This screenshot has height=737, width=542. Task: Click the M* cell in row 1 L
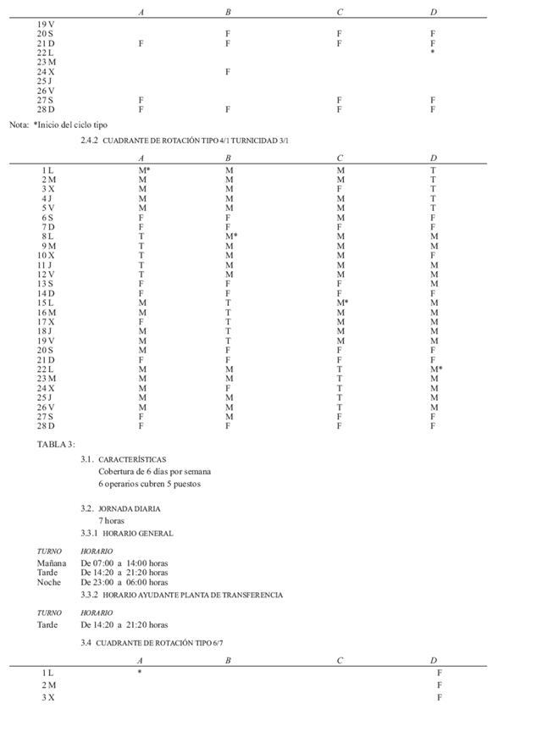point(144,170)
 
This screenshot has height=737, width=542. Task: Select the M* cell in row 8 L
point(230,236)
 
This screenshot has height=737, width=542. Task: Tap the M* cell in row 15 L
point(342,302)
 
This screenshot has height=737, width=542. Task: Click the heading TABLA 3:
point(56,444)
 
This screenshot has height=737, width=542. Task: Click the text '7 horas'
point(111,521)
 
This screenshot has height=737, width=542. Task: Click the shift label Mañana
point(52,562)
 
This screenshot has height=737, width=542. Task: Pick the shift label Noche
point(49,582)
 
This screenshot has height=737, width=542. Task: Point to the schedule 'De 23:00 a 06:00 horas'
point(124,582)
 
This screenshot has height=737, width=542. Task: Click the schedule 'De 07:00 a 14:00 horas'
point(124,562)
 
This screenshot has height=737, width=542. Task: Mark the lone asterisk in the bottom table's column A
point(140,673)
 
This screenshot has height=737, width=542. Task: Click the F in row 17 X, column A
point(141,322)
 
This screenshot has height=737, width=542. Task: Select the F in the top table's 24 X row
point(228,72)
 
